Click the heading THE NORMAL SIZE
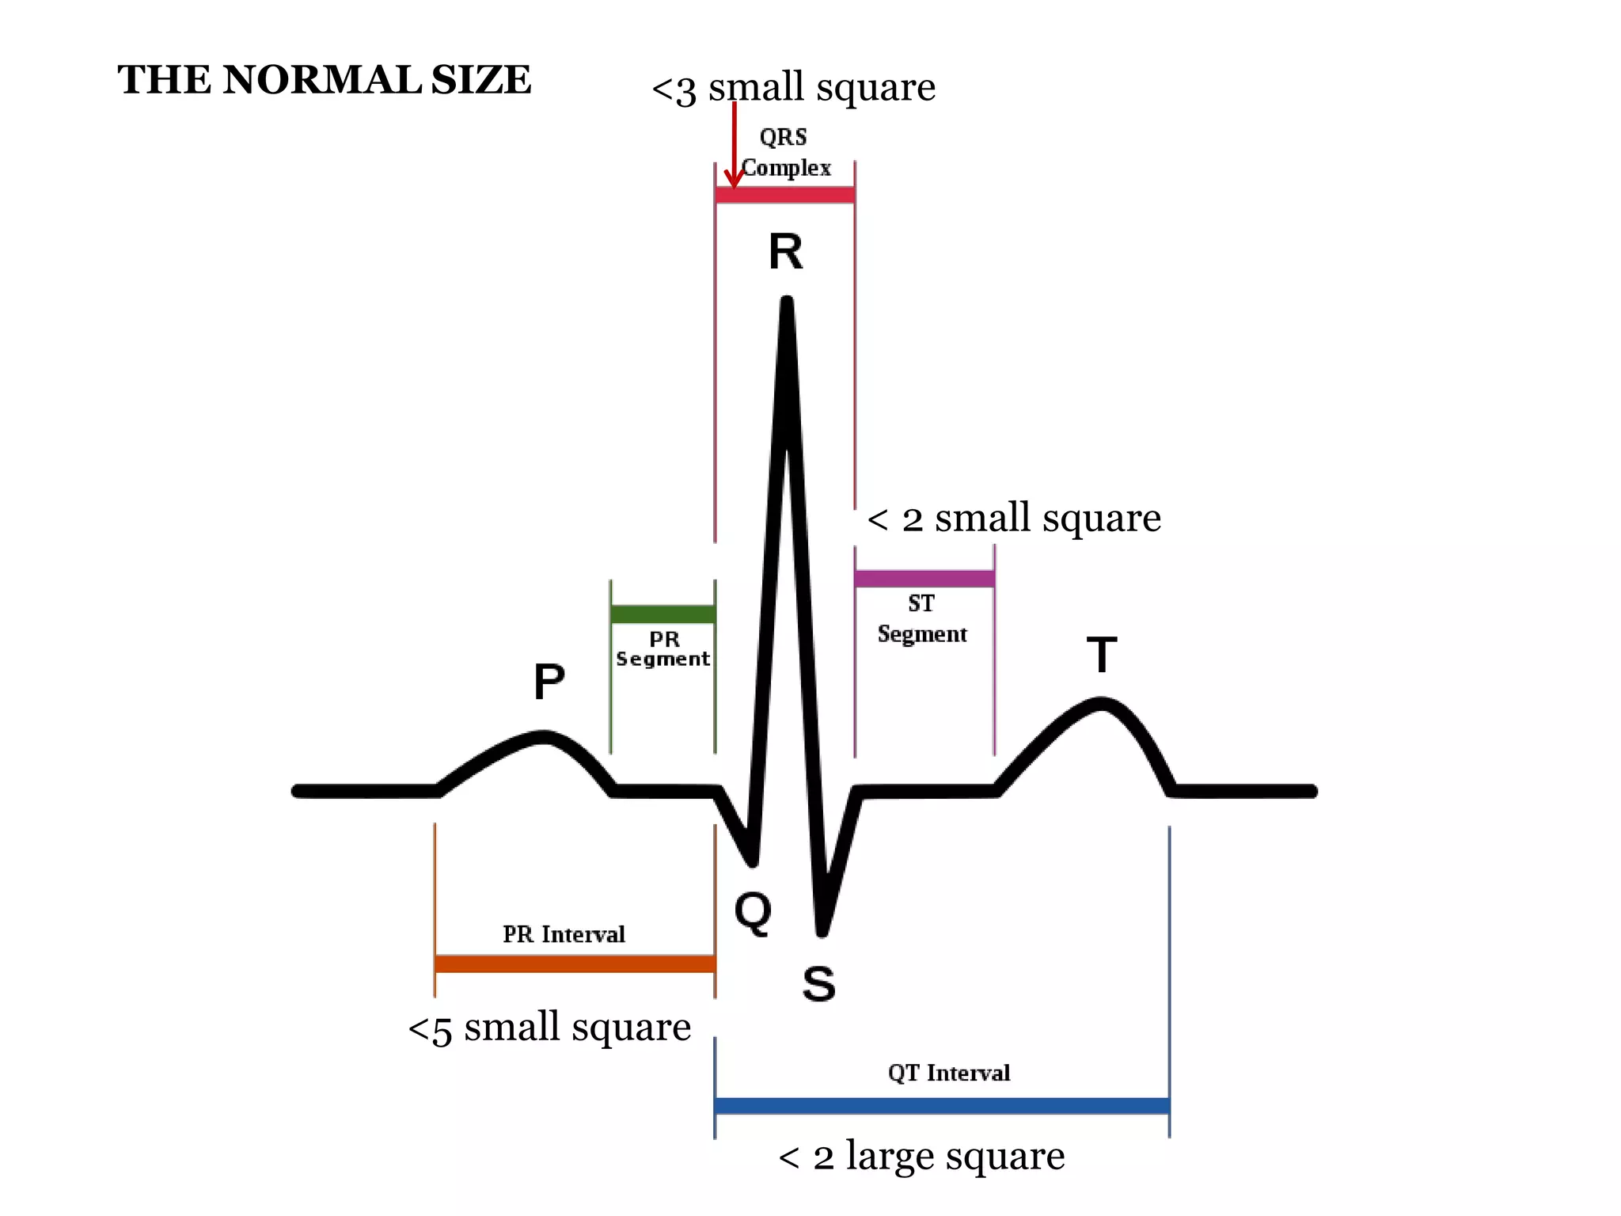coord(325,80)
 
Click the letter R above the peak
coord(785,253)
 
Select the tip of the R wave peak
coord(787,303)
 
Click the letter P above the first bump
coord(549,682)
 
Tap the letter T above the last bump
coord(1101,655)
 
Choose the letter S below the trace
coord(818,984)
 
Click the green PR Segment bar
coord(663,614)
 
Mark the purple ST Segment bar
coord(924,579)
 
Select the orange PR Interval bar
coord(575,963)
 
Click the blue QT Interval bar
coord(942,1106)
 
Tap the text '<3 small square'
coord(793,87)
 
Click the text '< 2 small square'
coord(1014,519)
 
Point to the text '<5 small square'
coord(549,1028)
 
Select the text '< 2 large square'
coord(921,1157)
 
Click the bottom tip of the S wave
coord(822,932)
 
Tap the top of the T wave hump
coord(1101,702)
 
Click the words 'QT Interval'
coord(949,1073)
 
